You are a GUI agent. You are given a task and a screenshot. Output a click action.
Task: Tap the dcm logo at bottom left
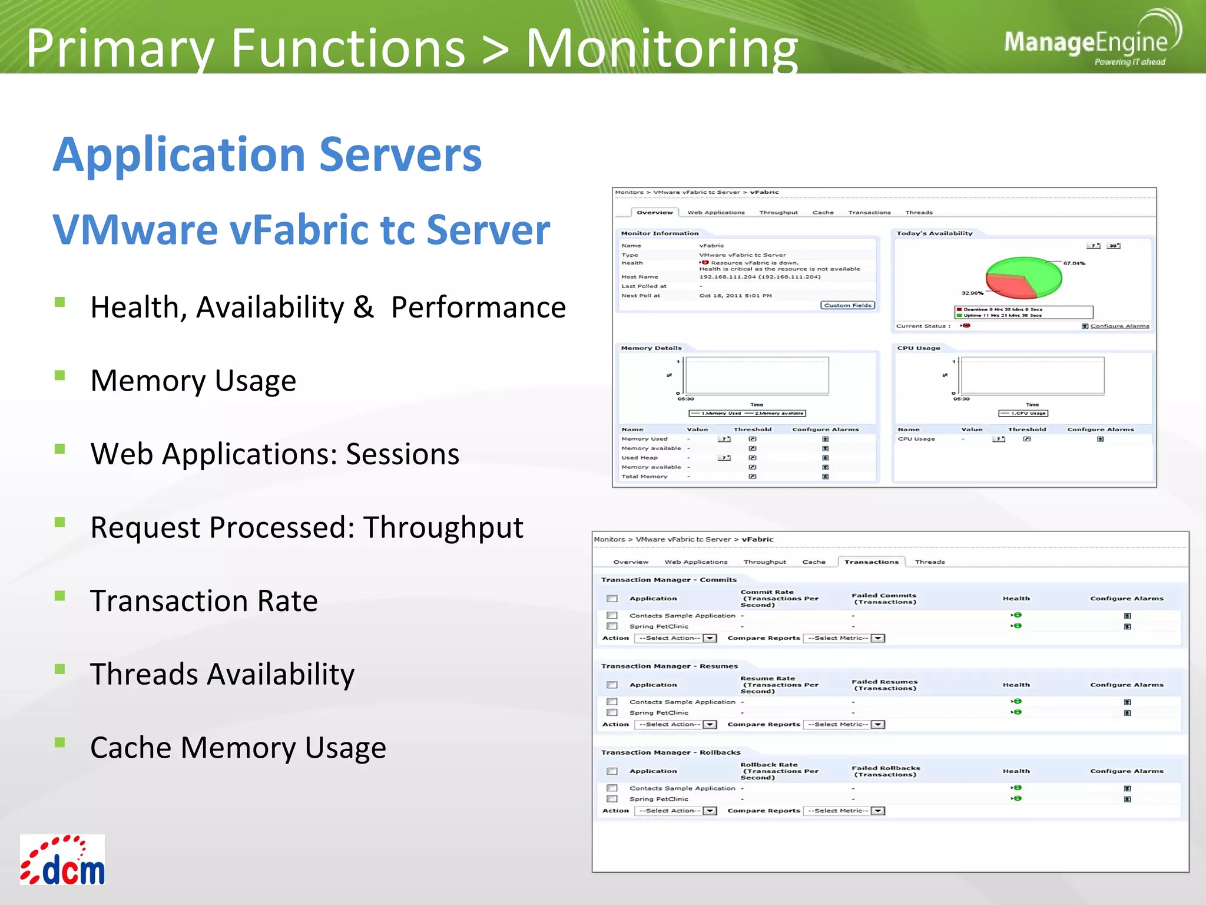[x=63, y=860]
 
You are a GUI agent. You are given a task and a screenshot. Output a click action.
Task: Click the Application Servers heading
[x=267, y=154]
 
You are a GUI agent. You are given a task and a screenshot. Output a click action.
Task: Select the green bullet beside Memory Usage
[x=59, y=375]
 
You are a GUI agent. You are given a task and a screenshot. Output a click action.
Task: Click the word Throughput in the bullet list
[x=443, y=527]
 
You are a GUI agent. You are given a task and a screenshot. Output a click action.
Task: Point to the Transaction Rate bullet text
[x=204, y=601]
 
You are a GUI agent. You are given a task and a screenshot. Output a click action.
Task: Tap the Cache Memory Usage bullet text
[x=238, y=748]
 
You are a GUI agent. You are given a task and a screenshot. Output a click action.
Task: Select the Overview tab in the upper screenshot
[x=654, y=212]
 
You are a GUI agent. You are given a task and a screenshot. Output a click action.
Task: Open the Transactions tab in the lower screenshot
[x=871, y=562]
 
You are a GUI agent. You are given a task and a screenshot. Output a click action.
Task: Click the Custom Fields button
[x=847, y=305]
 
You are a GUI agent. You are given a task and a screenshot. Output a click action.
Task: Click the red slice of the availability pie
[x=1007, y=286]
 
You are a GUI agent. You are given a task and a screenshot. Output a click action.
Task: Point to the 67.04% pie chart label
[x=1074, y=263]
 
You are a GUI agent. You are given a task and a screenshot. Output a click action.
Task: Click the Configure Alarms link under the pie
[x=1119, y=326]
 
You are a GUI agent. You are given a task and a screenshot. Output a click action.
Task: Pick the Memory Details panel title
[x=651, y=348]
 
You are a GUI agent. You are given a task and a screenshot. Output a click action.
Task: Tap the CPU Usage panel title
[x=918, y=348]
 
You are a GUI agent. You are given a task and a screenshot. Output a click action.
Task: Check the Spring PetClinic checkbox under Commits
[x=612, y=626]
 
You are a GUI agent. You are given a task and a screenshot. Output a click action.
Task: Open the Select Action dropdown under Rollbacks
[x=675, y=811]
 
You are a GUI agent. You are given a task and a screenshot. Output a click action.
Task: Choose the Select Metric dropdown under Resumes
[x=844, y=724]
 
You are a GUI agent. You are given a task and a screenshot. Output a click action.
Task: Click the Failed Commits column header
[x=884, y=599]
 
